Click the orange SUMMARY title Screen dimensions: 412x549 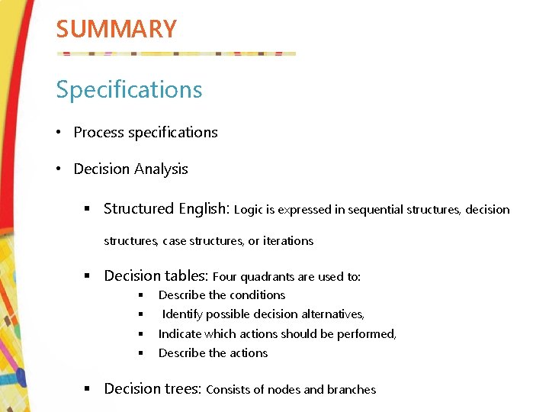pyautogui.click(x=116, y=29)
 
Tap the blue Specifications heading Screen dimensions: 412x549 pyautogui.click(x=129, y=89)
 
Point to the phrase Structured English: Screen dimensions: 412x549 pyautogui.click(x=166, y=209)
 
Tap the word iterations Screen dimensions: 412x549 pyautogui.click(x=287, y=241)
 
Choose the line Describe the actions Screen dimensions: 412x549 pyautogui.click(x=213, y=353)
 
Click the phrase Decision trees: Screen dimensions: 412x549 pyautogui.click(x=152, y=389)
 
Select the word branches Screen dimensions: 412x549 pyautogui.click(x=351, y=390)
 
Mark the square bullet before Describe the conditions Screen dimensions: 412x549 pyautogui.click(x=141, y=295)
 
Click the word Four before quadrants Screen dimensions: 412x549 pyautogui.click(x=226, y=277)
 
